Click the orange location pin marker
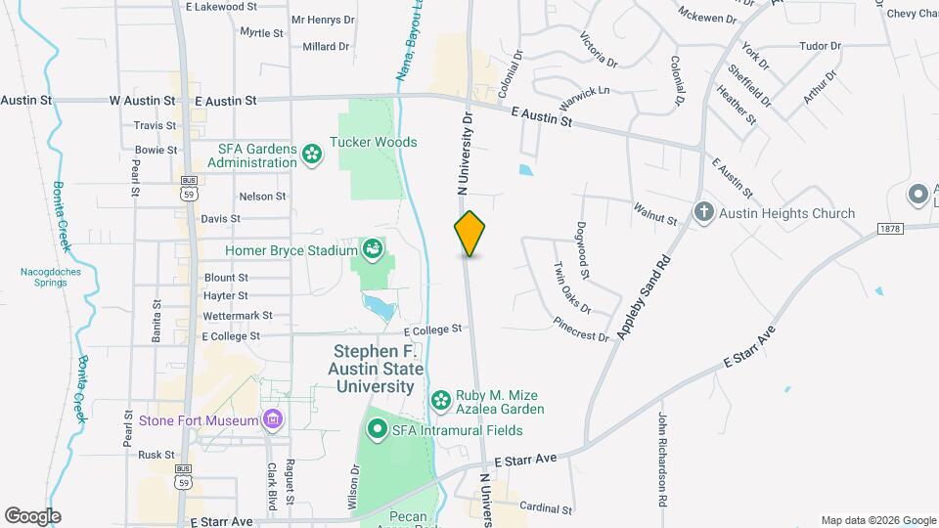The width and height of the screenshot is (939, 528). click(469, 234)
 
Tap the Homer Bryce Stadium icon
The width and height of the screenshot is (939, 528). click(373, 250)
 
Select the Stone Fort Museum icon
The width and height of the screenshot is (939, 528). click(273, 420)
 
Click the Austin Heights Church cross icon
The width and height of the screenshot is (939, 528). click(703, 212)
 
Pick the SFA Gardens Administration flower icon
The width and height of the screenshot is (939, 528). click(312, 154)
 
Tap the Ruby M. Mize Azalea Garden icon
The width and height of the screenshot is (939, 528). click(441, 401)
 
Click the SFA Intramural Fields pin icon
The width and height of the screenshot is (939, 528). click(378, 430)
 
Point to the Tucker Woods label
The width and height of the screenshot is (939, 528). click(374, 142)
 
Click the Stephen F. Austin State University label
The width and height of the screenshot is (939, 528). click(379, 368)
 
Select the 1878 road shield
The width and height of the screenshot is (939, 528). click(888, 229)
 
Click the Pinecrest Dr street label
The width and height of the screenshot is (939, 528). click(581, 329)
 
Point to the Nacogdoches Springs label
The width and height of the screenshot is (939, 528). click(44, 277)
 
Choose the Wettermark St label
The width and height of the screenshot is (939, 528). click(238, 316)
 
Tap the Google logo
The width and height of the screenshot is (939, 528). click(32, 515)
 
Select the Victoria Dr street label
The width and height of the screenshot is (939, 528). click(599, 50)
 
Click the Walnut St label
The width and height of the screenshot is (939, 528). click(655, 214)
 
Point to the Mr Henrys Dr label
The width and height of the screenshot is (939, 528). click(321, 20)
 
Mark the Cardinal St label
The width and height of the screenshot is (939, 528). click(546, 508)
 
